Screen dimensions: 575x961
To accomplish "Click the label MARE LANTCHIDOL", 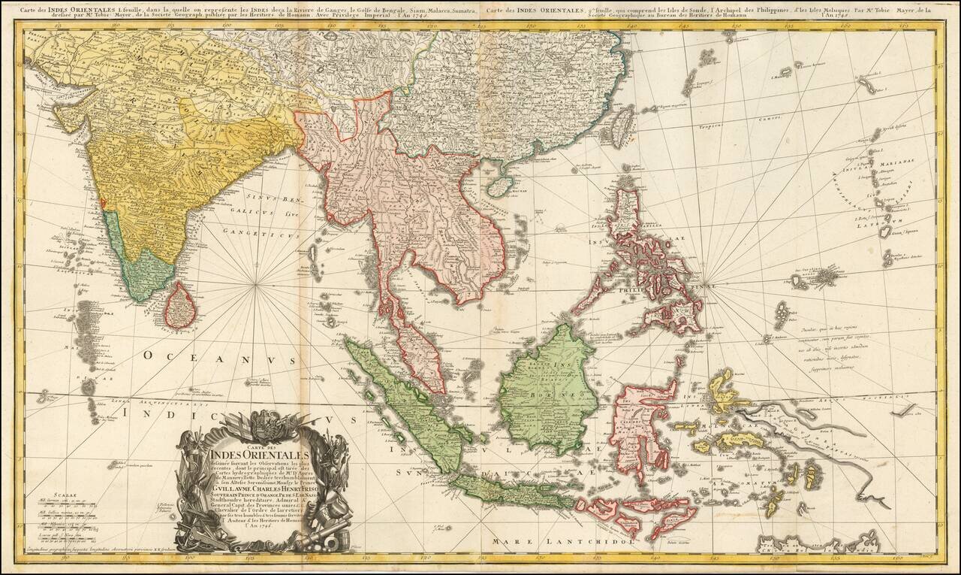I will (x=563, y=540).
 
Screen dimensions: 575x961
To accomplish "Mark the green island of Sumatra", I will (x=405, y=402).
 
